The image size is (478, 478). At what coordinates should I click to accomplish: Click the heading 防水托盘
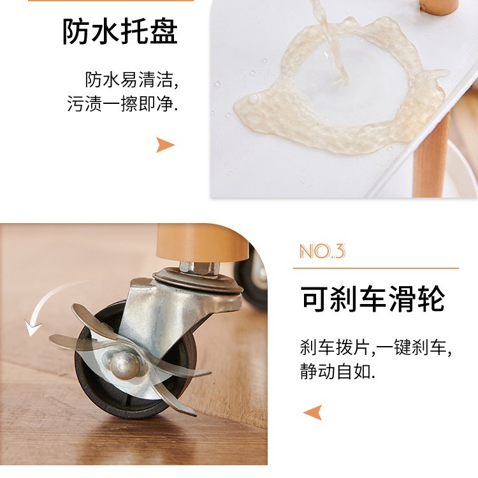click(120, 32)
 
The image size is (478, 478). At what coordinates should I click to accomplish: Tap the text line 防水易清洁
click(131, 80)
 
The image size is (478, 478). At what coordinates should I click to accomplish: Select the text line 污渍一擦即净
click(122, 103)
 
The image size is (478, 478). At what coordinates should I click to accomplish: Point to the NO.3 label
click(322, 251)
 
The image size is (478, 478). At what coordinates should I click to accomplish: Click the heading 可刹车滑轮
click(372, 299)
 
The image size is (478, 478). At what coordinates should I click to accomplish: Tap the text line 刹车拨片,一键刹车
click(375, 347)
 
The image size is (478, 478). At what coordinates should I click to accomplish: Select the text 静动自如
click(337, 371)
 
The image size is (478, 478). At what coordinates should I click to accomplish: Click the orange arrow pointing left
click(312, 412)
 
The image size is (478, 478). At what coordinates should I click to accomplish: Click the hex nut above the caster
click(199, 267)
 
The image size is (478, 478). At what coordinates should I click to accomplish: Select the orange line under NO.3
click(376, 268)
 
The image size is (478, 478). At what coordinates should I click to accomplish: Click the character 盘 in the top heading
click(163, 32)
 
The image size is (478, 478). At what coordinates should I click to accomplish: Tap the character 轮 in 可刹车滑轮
click(431, 299)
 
